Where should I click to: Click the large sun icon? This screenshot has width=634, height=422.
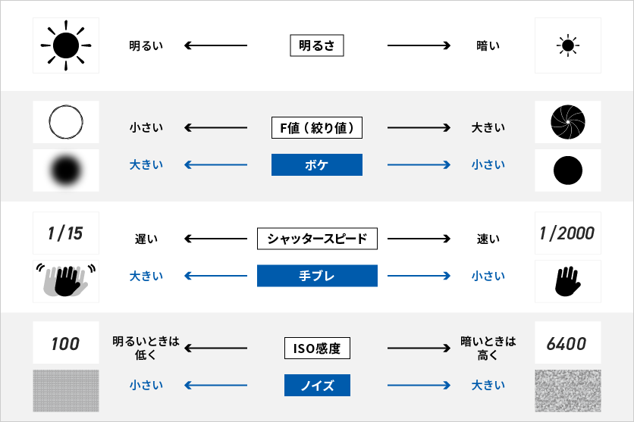pos(65,46)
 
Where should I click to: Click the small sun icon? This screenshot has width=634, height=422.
pos(567,46)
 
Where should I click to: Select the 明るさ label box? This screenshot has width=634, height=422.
pos(317,46)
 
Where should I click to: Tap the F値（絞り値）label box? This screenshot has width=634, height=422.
pos(317,127)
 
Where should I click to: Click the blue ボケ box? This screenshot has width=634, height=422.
pos(317,164)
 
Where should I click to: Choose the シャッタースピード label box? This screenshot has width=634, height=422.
pos(317,239)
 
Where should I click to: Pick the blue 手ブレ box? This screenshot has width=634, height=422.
pos(317,276)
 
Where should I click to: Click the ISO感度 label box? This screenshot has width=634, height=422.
pos(317,349)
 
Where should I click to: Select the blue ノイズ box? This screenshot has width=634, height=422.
pos(317,386)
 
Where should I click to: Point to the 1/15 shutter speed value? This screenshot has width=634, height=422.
pos(65,233)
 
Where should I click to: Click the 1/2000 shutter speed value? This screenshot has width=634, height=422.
pos(567,233)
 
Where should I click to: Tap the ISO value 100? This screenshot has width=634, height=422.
pos(65,344)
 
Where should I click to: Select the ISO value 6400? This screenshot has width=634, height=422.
pos(567,344)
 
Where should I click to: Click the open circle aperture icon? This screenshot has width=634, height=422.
pos(65,122)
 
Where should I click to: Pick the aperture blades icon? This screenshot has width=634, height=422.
pos(567,122)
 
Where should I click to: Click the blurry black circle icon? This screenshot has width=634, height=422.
pos(65,170)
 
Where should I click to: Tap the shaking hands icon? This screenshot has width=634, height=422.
pos(65,281)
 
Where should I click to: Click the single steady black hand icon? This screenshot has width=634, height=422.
pos(567,281)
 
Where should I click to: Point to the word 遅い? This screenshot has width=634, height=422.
pos(146,239)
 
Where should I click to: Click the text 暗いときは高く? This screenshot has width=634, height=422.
pos(488,349)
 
